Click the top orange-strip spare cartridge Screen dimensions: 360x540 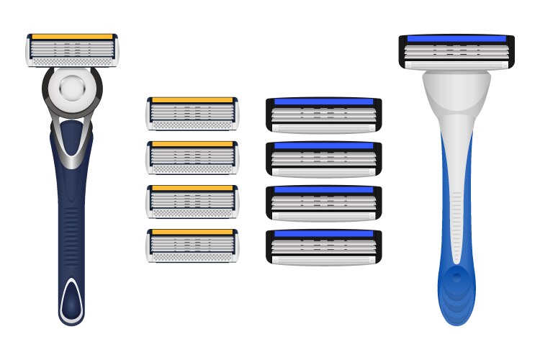[x=192, y=114]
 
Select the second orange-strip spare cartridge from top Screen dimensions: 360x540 [x=192, y=158]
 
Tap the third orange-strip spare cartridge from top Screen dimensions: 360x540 [x=192, y=202]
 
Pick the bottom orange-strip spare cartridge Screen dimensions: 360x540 [x=192, y=246]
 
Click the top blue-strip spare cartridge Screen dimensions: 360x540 [x=324, y=116]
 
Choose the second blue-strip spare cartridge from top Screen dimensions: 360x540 [x=324, y=160]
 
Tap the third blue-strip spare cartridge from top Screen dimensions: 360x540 [x=324, y=204]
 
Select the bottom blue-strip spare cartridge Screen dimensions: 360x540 [x=324, y=248]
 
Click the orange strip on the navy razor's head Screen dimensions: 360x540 [x=72, y=36]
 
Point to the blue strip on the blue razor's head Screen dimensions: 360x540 [x=456, y=38]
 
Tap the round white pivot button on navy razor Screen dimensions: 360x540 [x=72, y=88]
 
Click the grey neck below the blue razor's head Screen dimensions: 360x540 [x=456, y=94]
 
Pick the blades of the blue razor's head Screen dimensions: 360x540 [x=456, y=52]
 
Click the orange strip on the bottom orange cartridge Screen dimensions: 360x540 [x=192, y=233]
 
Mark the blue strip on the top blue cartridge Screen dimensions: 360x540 [x=324, y=102]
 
